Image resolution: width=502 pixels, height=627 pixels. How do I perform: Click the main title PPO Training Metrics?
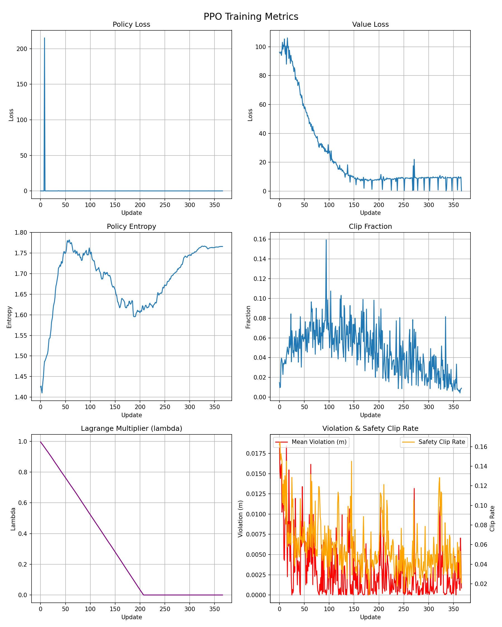click(x=251, y=16)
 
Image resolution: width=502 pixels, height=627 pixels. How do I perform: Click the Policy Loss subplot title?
click(x=131, y=25)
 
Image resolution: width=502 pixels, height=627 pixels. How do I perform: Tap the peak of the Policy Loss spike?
click(x=45, y=38)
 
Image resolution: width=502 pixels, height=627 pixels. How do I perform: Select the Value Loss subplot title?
click(x=370, y=25)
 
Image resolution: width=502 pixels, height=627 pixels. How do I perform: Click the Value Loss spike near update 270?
click(x=414, y=160)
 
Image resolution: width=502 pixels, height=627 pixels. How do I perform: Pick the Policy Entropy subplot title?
click(x=131, y=227)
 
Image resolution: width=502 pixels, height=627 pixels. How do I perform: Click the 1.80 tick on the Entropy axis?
click(x=21, y=233)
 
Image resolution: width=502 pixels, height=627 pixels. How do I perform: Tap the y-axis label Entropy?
click(x=9, y=317)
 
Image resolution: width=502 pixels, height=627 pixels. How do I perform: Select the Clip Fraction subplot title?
click(x=370, y=227)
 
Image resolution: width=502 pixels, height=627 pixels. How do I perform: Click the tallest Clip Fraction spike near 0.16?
click(x=326, y=240)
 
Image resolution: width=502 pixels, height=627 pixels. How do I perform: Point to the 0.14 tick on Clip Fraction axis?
click(x=260, y=259)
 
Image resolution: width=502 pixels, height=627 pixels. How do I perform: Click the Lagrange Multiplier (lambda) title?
click(x=131, y=428)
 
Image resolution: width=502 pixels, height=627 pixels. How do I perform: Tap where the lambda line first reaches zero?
click(x=143, y=595)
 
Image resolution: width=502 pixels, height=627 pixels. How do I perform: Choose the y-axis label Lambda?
click(x=13, y=519)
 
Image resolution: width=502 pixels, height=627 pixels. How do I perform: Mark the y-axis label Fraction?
click(x=248, y=317)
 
